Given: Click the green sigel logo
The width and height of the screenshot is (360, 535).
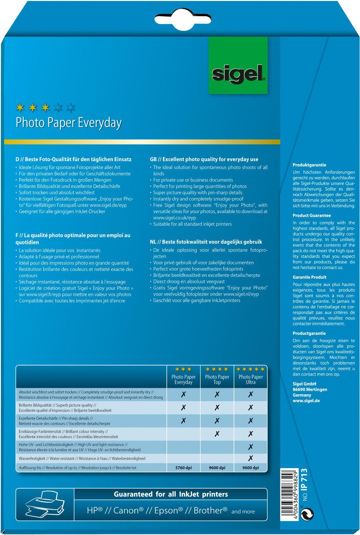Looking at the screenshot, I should pyautogui.click(x=238, y=66).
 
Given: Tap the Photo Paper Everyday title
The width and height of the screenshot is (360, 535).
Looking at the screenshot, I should pyautogui.click(x=69, y=122).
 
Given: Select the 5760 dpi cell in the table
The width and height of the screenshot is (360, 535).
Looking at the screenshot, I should pyautogui.click(x=183, y=468).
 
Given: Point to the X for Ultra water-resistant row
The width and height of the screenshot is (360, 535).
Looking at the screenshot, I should pyautogui.click(x=251, y=458).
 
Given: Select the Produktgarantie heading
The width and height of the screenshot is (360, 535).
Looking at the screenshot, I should pyautogui.click(x=309, y=165).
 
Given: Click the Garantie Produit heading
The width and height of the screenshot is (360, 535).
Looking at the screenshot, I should pyautogui.click(x=309, y=277).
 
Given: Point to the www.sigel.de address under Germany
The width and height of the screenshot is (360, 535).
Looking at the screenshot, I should pyautogui.click(x=306, y=401).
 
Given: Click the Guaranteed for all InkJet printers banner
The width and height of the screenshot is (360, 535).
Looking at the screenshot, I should pyautogui.click(x=171, y=494).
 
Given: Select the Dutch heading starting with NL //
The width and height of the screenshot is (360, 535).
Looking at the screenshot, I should pyautogui.click(x=206, y=242).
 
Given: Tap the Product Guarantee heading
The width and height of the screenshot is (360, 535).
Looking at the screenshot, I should pyautogui.click(x=312, y=215).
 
